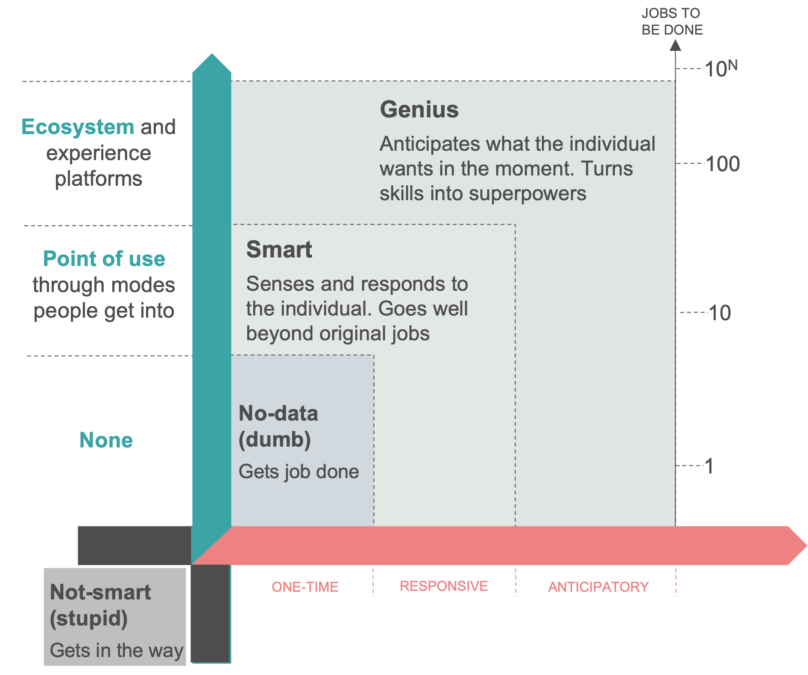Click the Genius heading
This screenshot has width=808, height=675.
pos(419,110)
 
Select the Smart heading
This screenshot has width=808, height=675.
pos(279,250)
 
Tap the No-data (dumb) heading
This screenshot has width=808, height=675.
pos(278,427)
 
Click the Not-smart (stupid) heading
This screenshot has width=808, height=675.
pos(100,605)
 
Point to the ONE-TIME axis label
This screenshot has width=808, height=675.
pos(305,587)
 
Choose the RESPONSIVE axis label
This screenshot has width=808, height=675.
pos(444,586)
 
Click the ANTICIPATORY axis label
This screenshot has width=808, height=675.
pos(598,587)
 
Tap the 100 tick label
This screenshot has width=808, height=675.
pos(723,164)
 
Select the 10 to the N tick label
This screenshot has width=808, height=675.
pos(721,68)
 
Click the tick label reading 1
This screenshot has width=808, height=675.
pos(709,466)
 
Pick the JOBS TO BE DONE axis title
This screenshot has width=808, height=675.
pos(672,21)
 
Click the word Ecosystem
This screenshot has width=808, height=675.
pos(78,127)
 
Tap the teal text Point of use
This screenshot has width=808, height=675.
pos(104,259)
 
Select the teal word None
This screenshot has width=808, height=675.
pos(106,440)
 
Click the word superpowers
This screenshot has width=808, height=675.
pos(527,194)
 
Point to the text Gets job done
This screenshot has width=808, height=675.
pos(299,472)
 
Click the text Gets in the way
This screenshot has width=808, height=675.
pos(116,650)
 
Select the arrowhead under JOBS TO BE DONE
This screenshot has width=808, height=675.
pos(675,45)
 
